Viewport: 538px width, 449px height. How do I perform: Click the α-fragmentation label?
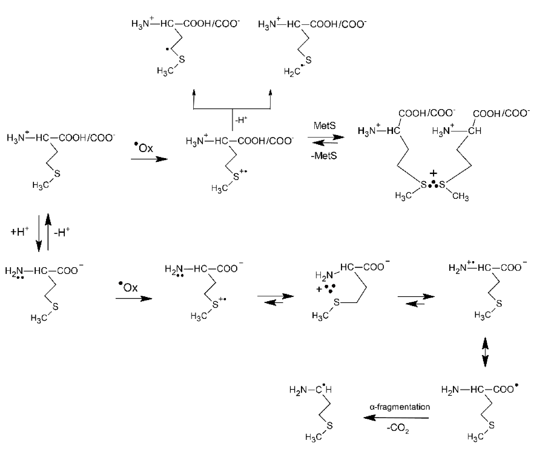pos(400,407)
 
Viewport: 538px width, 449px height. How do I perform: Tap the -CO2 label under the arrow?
pos(398,428)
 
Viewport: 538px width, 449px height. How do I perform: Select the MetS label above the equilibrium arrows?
pos(325,126)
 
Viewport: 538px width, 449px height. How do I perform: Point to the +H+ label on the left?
pos(19,232)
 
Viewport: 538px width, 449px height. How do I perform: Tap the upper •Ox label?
pos(144,148)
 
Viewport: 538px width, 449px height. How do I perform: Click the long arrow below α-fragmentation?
pos(396,418)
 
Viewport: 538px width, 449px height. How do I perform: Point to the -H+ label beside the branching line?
pos(241,120)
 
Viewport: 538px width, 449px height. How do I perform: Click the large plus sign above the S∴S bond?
pos(433,174)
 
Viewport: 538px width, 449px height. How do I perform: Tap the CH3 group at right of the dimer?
pos(460,196)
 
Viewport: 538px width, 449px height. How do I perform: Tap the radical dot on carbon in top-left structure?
pos(167,49)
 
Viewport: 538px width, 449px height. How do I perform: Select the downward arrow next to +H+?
pos(39,233)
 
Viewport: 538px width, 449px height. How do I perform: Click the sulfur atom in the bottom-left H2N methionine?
pos(56,306)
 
